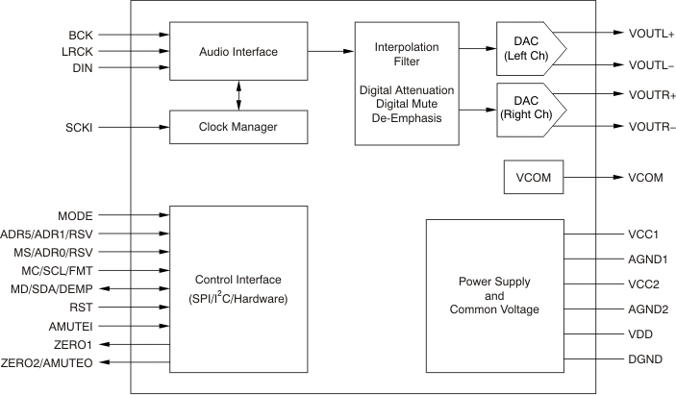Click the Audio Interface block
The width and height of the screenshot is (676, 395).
(x=238, y=51)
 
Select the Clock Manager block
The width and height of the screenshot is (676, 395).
(x=238, y=127)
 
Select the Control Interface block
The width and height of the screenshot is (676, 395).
(x=238, y=289)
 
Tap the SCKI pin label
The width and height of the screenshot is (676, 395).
(x=79, y=127)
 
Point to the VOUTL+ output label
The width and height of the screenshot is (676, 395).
(x=652, y=33)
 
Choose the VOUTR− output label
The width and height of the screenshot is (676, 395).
(x=652, y=127)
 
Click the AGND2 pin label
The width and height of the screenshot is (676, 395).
(x=647, y=309)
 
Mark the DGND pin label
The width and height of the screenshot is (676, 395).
(x=644, y=358)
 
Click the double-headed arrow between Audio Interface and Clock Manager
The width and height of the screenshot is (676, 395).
(x=238, y=96)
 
